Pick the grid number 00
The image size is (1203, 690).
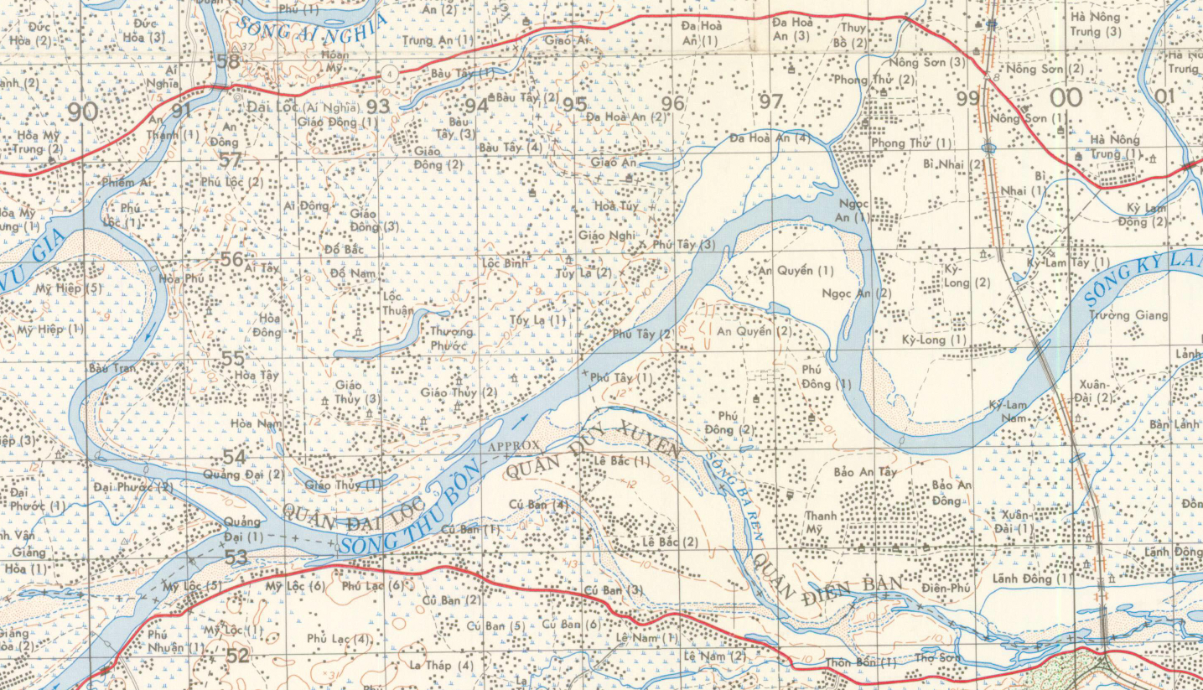1066,98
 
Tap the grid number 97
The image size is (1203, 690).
770,101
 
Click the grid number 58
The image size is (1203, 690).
227,61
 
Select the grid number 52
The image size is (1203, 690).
237,656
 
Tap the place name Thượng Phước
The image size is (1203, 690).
451,338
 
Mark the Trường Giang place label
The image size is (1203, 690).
1128,315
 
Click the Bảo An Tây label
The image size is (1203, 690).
866,473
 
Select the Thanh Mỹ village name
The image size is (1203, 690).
821,521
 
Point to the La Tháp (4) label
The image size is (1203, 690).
441,666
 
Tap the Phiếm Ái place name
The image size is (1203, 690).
126,182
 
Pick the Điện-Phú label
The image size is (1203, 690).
946,589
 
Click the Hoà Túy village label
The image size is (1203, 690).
616,205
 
